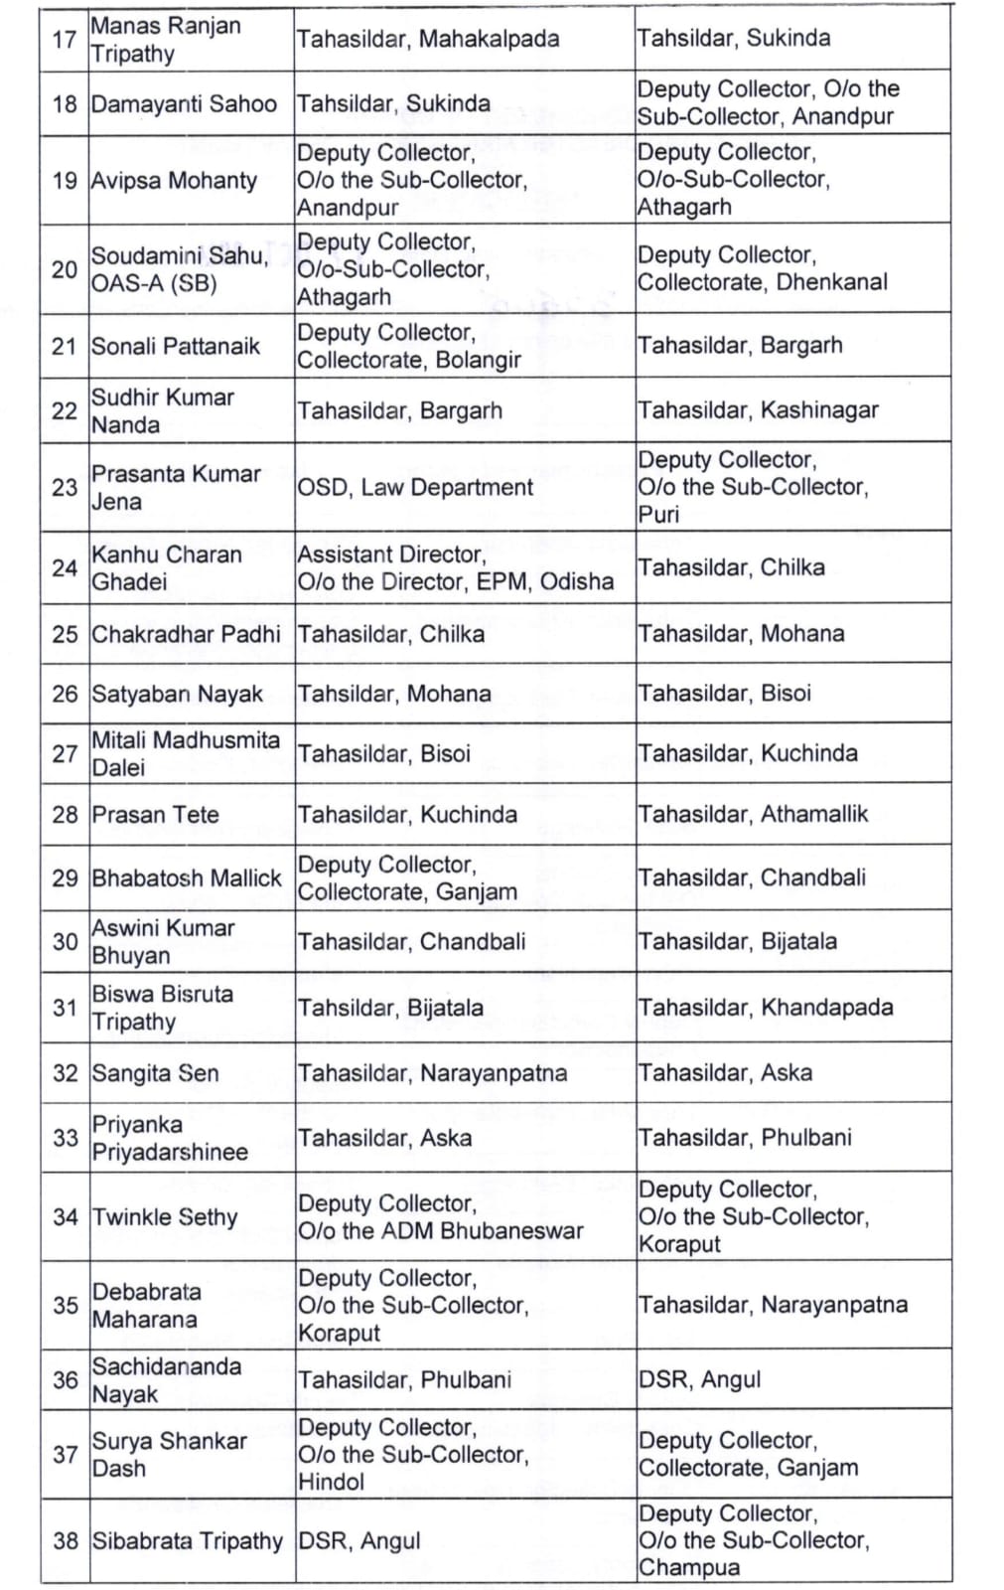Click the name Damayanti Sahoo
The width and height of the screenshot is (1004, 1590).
pos(183,103)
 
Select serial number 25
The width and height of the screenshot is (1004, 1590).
pos(65,634)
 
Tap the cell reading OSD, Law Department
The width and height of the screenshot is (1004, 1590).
pos(415,487)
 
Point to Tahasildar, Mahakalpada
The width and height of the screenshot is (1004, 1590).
pos(427,39)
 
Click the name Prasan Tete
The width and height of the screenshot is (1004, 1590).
pos(155,815)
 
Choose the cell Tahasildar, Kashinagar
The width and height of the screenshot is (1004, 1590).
pos(758,409)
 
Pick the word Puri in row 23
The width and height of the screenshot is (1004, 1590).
pos(658,514)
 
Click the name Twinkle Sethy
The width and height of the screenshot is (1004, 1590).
pos(165,1217)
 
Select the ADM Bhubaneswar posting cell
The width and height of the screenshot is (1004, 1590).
pos(441,1217)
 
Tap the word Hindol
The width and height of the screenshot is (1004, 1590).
pos(332,1482)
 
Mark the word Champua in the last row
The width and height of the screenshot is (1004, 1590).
pos(688,1567)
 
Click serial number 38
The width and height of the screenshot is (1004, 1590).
pos(66,1540)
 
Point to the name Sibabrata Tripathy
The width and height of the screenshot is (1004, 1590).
pos(188,1540)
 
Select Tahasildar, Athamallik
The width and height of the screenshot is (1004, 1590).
pos(753,814)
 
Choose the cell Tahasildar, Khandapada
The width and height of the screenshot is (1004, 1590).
pos(765,1007)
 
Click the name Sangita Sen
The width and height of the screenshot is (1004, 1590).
pos(155,1073)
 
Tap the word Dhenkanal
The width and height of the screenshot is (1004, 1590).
pos(832,282)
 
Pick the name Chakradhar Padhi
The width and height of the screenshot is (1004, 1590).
pos(186,634)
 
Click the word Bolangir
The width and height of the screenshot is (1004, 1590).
pos(478,360)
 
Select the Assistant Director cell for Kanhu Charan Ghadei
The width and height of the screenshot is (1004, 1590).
pos(456,567)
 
